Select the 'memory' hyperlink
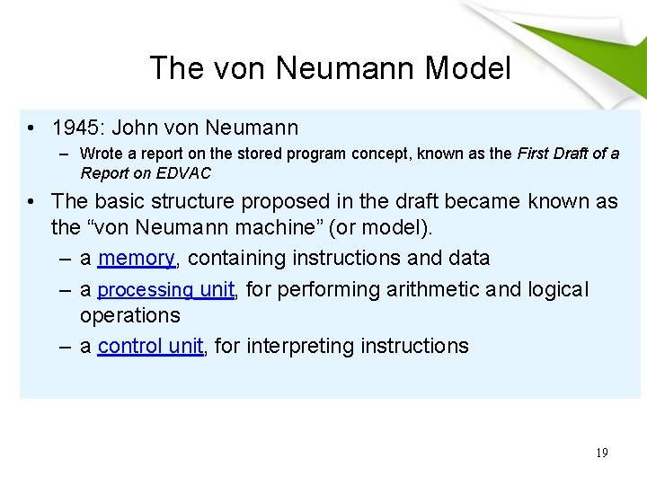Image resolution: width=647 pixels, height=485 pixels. (x=136, y=259)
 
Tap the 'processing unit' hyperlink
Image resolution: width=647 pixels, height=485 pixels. (x=166, y=290)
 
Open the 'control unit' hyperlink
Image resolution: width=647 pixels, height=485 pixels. (x=150, y=347)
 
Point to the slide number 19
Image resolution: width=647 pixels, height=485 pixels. (x=601, y=453)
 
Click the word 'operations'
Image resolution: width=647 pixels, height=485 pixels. (x=129, y=315)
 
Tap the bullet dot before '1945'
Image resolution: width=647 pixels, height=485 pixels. (x=33, y=128)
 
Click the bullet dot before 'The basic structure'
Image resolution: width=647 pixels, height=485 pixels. (x=33, y=202)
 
